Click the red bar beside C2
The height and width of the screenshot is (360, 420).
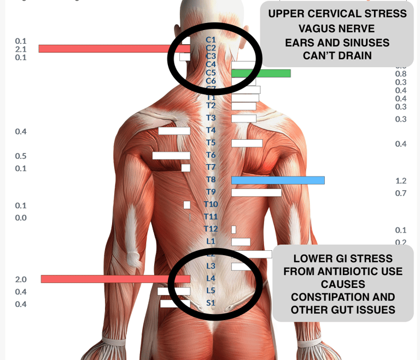coord(109,49)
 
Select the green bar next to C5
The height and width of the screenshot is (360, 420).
coord(261,73)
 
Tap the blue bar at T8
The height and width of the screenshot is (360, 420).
coord(278,180)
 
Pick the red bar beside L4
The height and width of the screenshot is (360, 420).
coord(109,279)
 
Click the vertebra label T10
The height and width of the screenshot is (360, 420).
coord(211,204)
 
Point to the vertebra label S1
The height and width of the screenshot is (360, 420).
coord(211,303)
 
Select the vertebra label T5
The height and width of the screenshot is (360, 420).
coord(211,143)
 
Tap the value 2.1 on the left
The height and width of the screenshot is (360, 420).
coord(21,49)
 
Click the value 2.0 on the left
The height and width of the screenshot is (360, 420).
coord(21,279)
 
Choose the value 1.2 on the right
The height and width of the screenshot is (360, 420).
coord(401,181)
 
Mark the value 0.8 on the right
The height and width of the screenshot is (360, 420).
coord(401,74)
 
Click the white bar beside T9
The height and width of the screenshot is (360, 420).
coord(256,192)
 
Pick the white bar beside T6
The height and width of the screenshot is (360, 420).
coord(171,155)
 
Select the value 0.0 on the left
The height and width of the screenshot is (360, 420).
coord(21,217)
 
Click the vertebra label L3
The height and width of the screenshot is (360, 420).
coord(211,266)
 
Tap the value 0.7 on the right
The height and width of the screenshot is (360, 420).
coord(401,193)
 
